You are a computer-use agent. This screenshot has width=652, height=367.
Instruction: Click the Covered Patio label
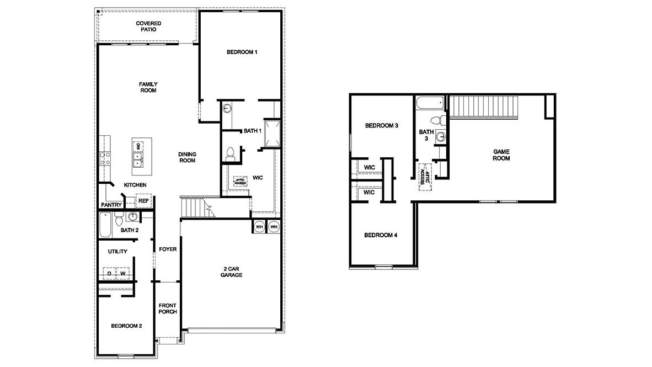(x=148, y=26)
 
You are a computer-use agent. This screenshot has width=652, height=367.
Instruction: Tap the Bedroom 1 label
(x=242, y=52)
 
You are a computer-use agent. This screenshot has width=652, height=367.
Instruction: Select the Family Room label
(x=148, y=87)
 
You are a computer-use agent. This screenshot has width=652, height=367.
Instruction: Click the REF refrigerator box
(x=143, y=201)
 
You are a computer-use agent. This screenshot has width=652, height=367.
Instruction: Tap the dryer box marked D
(x=109, y=273)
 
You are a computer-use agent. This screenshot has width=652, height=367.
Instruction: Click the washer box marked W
(x=124, y=273)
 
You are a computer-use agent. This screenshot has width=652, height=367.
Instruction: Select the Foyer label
(x=168, y=249)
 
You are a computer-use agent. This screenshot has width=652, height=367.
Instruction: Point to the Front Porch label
(x=168, y=309)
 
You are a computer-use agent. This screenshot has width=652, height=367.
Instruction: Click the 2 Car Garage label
(x=232, y=272)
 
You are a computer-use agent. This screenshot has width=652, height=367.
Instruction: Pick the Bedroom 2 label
(x=126, y=326)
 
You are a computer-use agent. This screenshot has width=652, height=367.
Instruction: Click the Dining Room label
(x=187, y=157)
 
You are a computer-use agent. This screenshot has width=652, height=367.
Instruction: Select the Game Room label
(x=501, y=155)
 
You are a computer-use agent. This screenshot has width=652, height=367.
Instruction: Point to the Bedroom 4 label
(x=381, y=236)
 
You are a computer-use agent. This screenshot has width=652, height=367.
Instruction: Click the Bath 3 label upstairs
(x=426, y=135)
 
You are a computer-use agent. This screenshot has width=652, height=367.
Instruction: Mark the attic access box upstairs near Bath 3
(x=425, y=177)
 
